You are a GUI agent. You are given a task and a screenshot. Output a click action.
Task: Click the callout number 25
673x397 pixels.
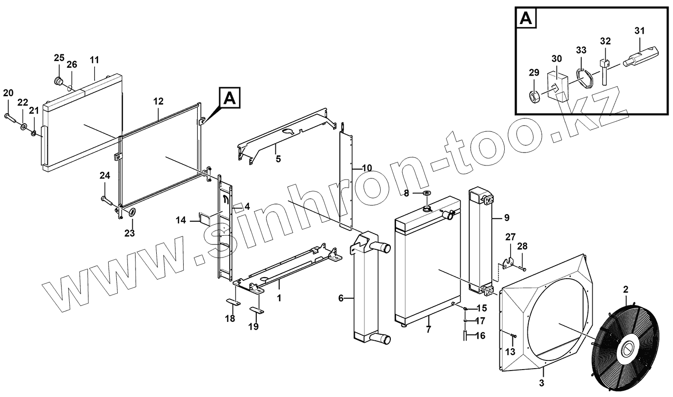[59, 58]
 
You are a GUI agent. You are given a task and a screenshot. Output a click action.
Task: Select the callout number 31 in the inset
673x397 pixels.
[639, 31]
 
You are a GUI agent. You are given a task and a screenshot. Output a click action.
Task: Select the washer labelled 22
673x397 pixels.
[24, 127]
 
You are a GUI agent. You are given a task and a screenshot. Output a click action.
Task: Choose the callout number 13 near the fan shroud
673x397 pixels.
[510, 352]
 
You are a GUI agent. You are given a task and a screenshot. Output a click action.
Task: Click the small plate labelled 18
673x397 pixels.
[232, 303]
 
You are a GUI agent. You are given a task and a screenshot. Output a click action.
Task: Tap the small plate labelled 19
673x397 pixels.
[256, 309]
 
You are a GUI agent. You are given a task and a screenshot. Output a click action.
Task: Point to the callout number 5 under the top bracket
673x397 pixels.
[278, 158]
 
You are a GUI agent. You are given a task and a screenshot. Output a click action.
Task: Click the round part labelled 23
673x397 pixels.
[131, 213]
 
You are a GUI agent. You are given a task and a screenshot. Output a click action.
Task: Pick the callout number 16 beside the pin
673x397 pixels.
[480, 336]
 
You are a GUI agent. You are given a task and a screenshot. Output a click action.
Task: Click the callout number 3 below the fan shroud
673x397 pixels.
[542, 383]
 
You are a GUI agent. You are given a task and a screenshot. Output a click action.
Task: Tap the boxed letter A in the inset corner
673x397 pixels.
[526, 19]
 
